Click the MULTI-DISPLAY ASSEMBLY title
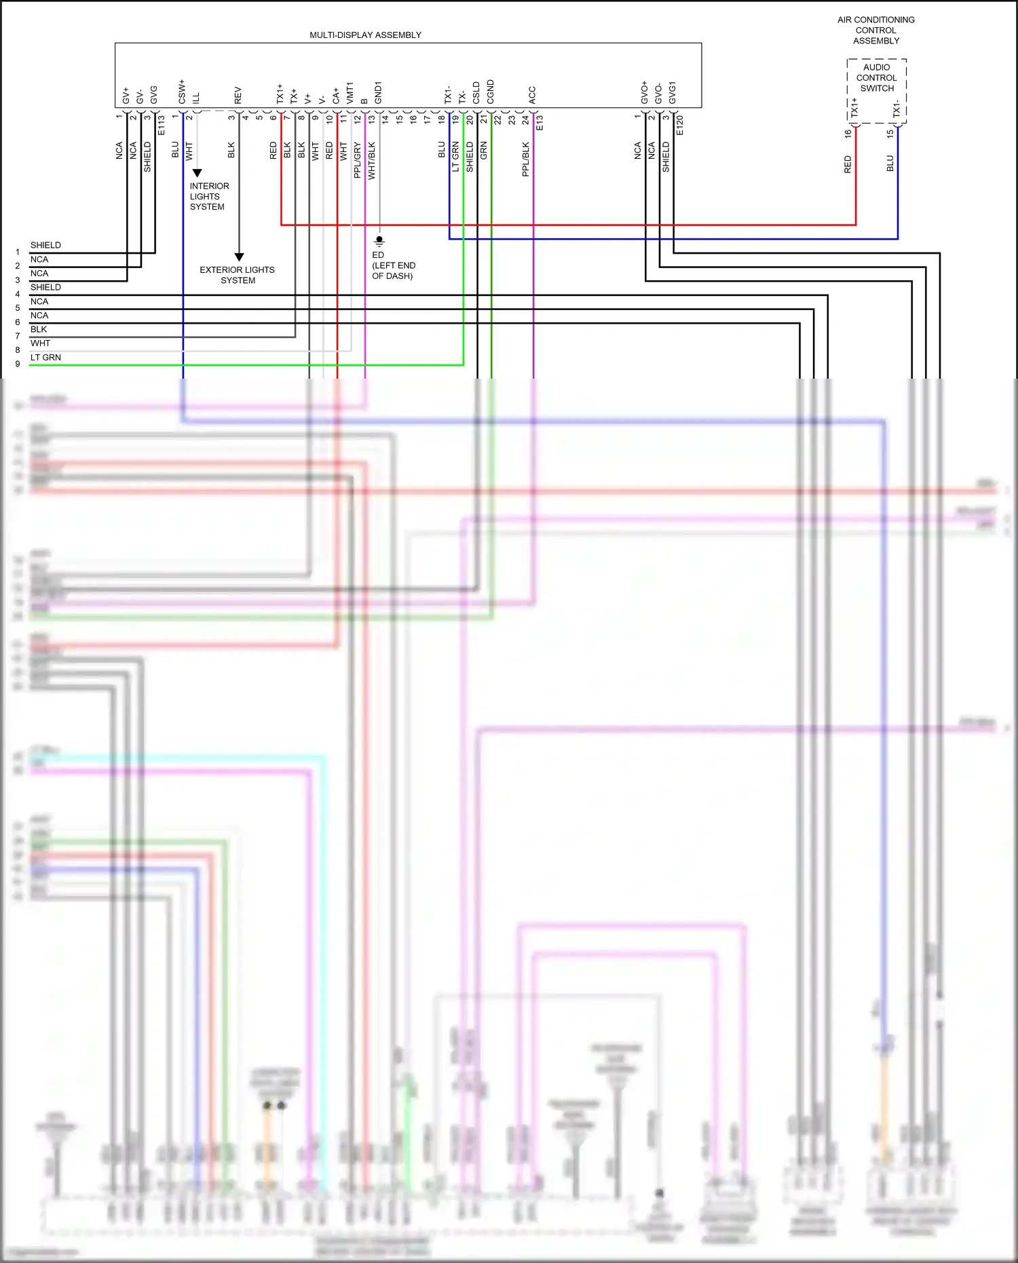[x=365, y=35]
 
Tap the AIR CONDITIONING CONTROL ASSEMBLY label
[x=875, y=31]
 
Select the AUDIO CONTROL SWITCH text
[x=876, y=77]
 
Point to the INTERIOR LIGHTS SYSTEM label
[x=209, y=196]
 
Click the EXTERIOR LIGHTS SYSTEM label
[x=238, y=275]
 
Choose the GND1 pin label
[x=379, y=93]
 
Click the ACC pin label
[x=533, y=95]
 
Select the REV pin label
[x=238, y=95]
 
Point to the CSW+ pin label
[x=183, y=92]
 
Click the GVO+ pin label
[x=645, y=93]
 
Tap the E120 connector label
[x=680, y=126]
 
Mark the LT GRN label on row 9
[x=45, y=358]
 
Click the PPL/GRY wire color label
[x=358, y=160]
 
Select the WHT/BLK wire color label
[x=372, y=161]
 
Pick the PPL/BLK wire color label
[x=526, y=159]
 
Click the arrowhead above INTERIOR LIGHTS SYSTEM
[x=197, y=173]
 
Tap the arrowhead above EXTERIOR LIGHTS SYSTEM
[x=239, y=257]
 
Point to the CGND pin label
[x=491, y=92]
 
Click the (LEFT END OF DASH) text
[x=394, y=271]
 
